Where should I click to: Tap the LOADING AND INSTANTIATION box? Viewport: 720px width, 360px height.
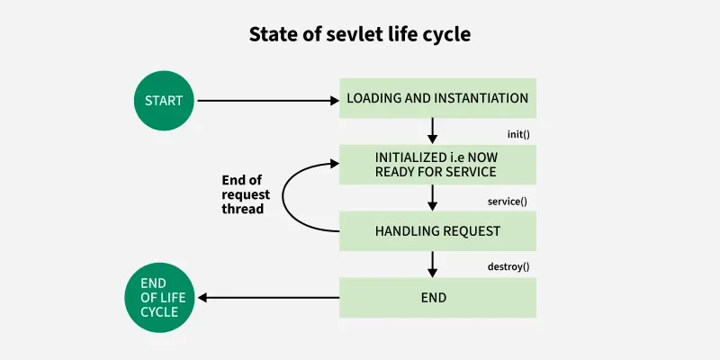pyautogui.click(x=437, y=98)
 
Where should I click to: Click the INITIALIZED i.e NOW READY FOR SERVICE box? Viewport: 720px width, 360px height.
pyautogui.click(x=437, y=164)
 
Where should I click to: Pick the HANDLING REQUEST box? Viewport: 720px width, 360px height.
pyautogui.click(x=437, y=231)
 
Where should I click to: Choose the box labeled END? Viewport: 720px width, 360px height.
pyautogui.click(x=437, y=297)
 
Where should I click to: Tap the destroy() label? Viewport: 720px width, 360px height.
pyautogui.click(x=508, y=267)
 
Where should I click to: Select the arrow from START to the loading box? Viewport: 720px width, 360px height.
pyautogui.click(x=265, y=100)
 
